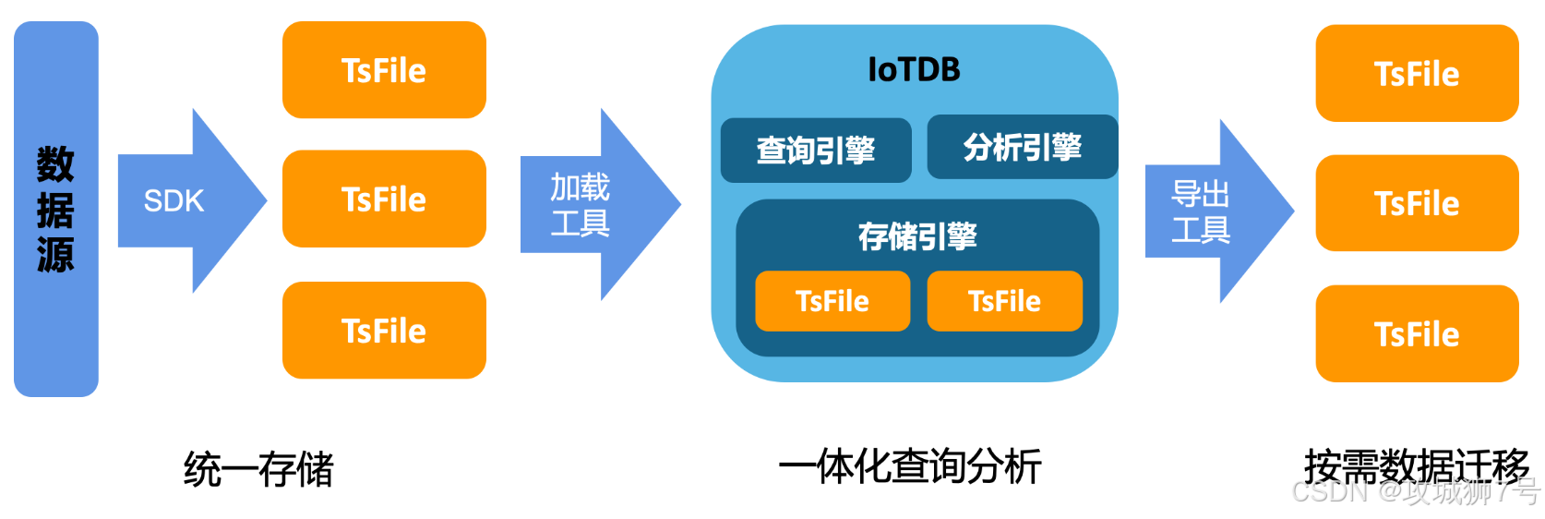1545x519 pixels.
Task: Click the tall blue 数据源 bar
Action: pos(55,209)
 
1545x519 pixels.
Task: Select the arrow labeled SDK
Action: pos(185,200)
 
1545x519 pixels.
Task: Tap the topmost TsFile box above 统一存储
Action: pos(384,70)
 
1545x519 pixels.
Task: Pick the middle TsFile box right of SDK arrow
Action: pos(384,199)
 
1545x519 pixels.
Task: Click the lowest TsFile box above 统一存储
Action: pos(384,331)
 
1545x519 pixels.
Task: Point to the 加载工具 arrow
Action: pos(591,204)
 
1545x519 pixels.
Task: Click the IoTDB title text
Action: pos(914,69)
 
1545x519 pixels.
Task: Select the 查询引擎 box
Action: pos(816,150)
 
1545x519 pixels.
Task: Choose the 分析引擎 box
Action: pos(1022,147)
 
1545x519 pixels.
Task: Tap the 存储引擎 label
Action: pos(917,236)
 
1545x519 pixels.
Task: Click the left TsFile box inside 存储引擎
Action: pos(832,301)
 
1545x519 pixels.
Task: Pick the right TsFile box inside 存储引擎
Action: pos(1004,301)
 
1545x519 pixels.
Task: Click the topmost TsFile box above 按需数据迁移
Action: pos(1417,74)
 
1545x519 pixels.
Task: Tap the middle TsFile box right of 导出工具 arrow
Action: pos(1417,203)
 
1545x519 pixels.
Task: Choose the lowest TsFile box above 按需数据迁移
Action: pos(1417,334)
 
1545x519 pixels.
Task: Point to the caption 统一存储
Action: pos(258,469)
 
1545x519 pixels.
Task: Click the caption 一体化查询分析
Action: pos(910,466)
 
